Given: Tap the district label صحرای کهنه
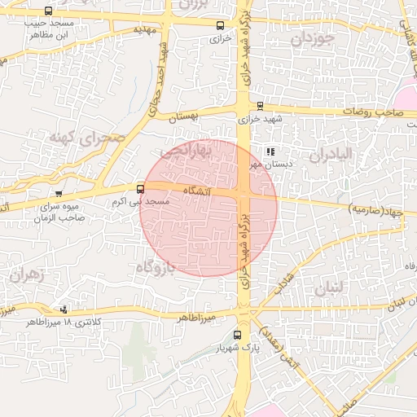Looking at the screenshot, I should pos(87,137).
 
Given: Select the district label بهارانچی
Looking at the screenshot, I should pos(186,151).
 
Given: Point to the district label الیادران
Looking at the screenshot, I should pos(330,153).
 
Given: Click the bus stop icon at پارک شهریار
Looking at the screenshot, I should pos(238,335).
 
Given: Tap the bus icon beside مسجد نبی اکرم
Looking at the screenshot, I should pos(141,188).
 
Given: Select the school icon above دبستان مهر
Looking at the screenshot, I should pos(270,151).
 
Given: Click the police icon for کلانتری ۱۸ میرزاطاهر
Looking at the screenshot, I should pos(64,309).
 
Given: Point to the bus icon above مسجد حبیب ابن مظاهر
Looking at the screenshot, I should pos(49,11).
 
